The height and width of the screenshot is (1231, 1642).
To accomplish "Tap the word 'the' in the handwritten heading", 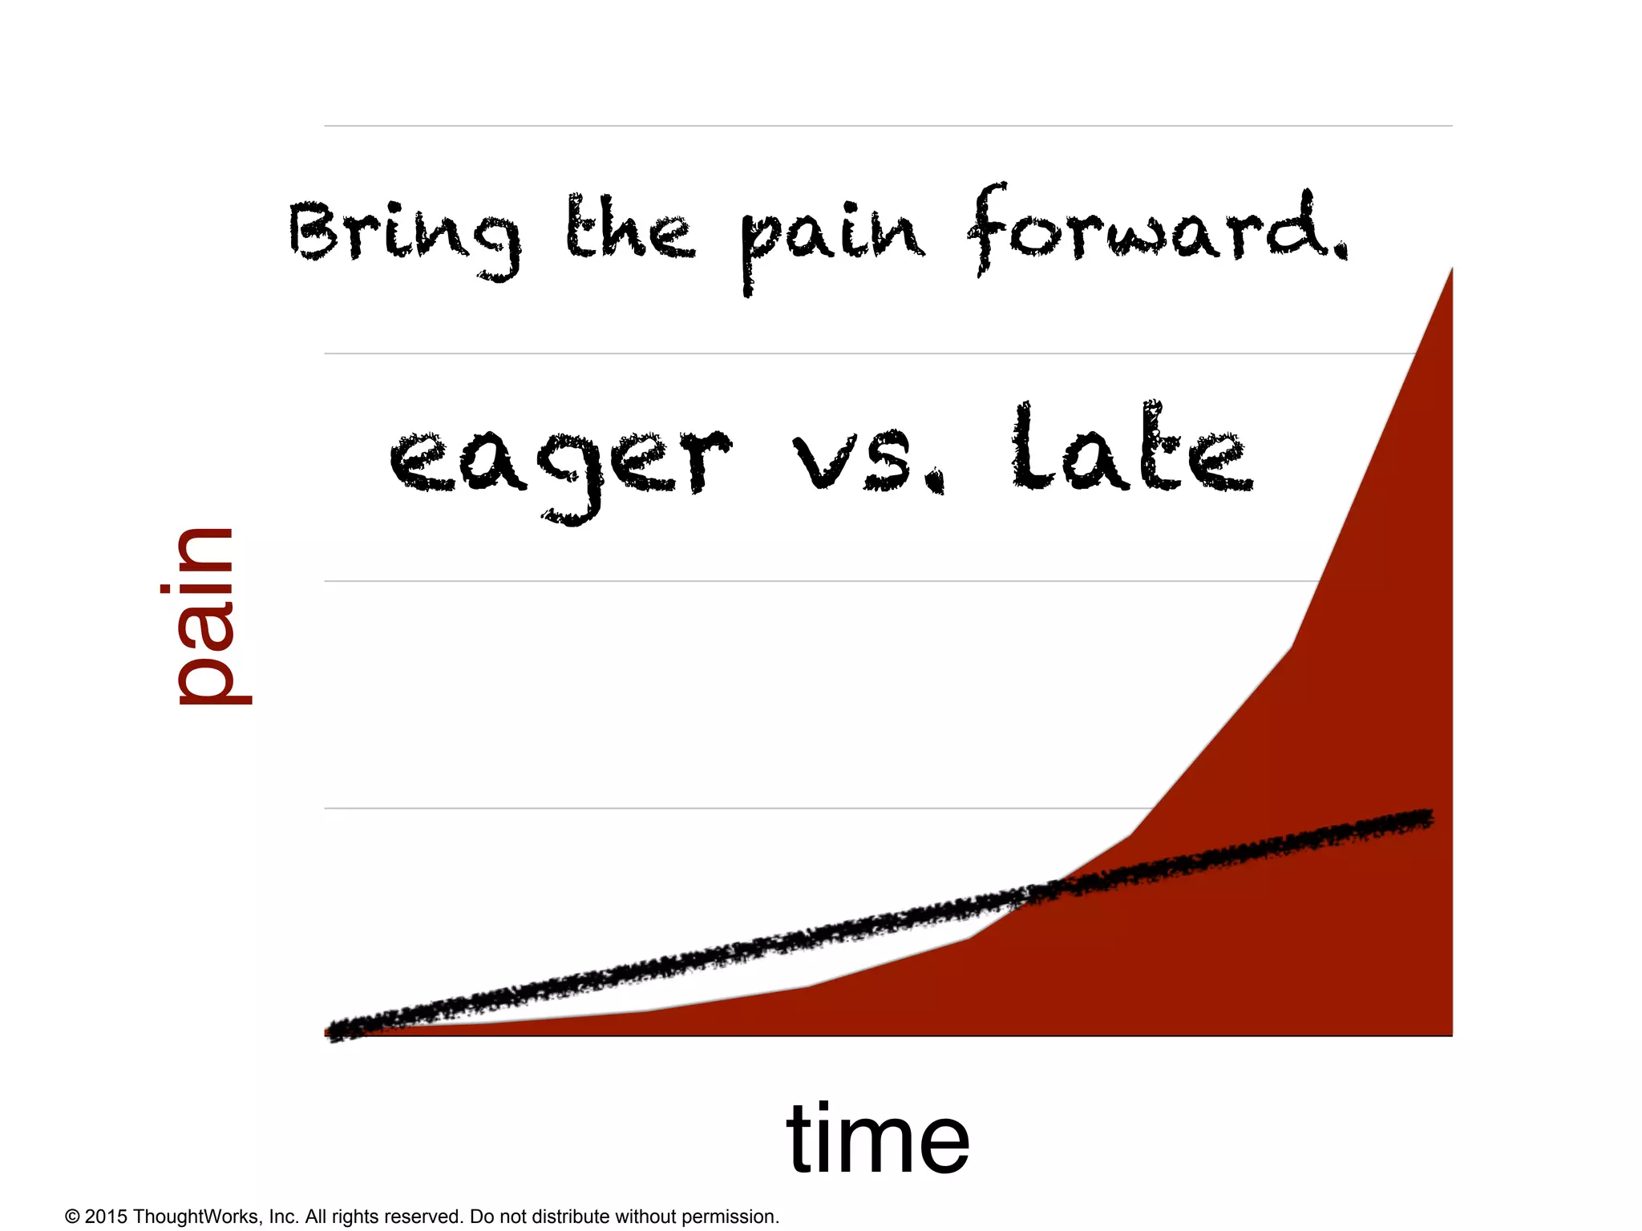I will pos(629,228).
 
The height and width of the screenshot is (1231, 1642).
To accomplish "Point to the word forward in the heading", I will pos(1147,228).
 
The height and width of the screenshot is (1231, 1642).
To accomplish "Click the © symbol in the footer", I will pos(72,1217).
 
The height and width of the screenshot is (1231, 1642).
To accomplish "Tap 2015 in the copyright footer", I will pos(106,1217).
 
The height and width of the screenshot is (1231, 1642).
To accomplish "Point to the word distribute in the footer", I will pos(570,1217).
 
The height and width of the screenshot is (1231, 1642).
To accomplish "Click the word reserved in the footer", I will pos(423,1217).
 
